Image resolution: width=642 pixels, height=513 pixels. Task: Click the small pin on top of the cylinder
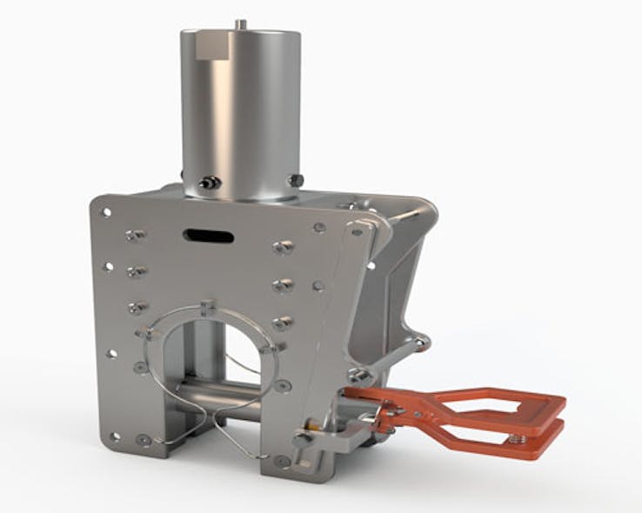[242, 23]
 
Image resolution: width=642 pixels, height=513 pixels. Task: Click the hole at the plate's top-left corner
[106, 211]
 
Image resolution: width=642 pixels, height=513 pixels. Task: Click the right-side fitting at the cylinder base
[296, 180]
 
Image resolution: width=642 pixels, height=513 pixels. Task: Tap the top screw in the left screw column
[135, 236]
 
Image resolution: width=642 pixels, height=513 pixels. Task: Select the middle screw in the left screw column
[136, 272]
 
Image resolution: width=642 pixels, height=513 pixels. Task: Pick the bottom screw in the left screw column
[136, 308]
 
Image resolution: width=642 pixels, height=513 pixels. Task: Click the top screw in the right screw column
[281, 248]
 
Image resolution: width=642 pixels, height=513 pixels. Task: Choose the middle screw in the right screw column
[281, 285]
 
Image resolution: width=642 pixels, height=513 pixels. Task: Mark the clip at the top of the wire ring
[206, 307]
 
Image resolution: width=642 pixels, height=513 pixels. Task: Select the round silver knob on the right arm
[356, 376]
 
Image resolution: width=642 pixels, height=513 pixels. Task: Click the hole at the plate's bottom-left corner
[142, 438]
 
